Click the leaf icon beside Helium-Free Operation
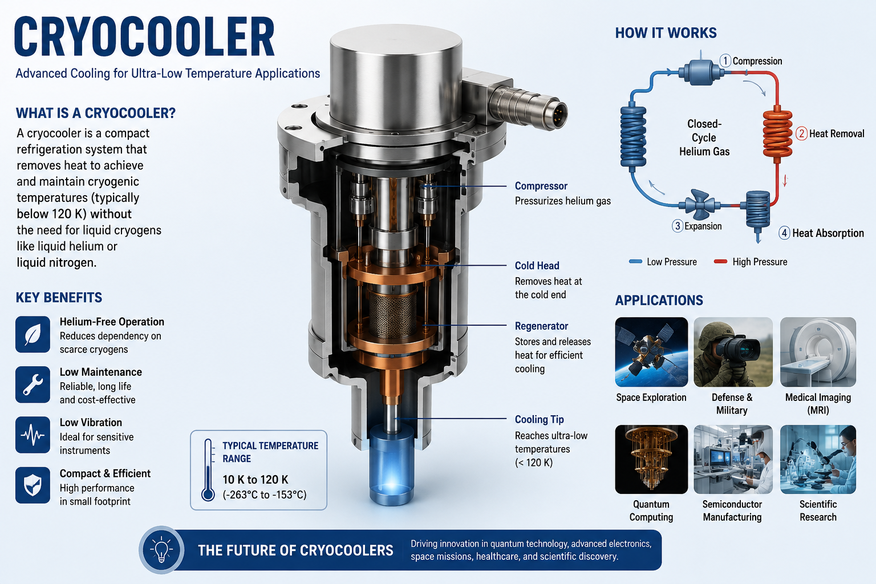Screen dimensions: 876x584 point(33,334)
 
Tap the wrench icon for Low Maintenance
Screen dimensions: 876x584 point(33,384)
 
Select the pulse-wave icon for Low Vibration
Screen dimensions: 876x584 point(33,435)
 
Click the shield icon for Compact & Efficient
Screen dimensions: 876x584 point(33,485)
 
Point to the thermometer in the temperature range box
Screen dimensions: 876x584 point(208,470)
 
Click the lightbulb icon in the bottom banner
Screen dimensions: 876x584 point(161,550)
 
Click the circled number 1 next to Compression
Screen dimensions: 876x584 point(725,61)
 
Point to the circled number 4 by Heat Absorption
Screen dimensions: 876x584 point(784,233)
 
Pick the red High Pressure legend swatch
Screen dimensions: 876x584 point(721,262)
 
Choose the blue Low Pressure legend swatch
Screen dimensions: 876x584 point(635,262)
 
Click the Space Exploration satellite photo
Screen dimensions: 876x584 point(651,352)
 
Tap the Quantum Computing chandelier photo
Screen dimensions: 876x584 point(651,459)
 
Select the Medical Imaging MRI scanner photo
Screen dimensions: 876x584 point(818,352)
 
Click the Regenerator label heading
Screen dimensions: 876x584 point(541,326)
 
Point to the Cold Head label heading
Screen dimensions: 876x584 point(537,266)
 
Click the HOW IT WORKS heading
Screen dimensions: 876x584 point(666,33)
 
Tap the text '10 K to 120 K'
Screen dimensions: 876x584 point(255,480)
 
